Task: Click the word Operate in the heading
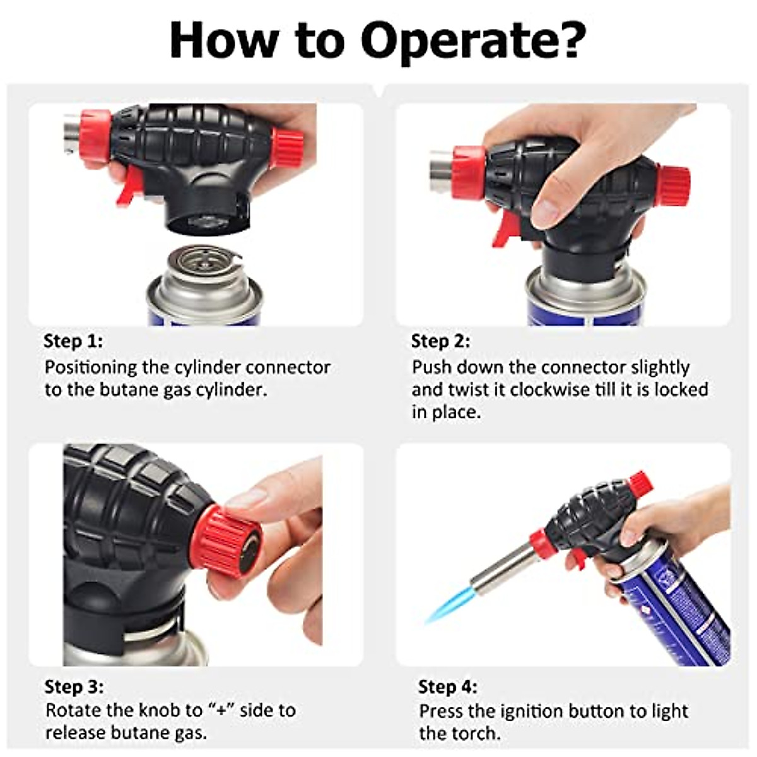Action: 450,44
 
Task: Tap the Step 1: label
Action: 73,341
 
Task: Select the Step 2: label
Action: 440,341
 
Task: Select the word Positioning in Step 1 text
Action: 91,368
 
